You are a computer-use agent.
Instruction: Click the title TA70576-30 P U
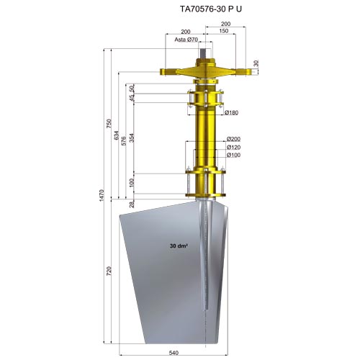211,9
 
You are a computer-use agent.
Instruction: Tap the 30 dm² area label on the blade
179,246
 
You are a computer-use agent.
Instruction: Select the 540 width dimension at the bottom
174,353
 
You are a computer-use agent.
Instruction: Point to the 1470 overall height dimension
102,195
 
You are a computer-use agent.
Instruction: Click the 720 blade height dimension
109,271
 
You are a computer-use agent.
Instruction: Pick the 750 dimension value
109,123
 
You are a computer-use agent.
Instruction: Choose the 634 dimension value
117,135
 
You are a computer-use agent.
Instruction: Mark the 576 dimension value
124,141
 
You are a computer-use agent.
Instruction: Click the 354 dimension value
132,138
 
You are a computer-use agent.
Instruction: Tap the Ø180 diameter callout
231,112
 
